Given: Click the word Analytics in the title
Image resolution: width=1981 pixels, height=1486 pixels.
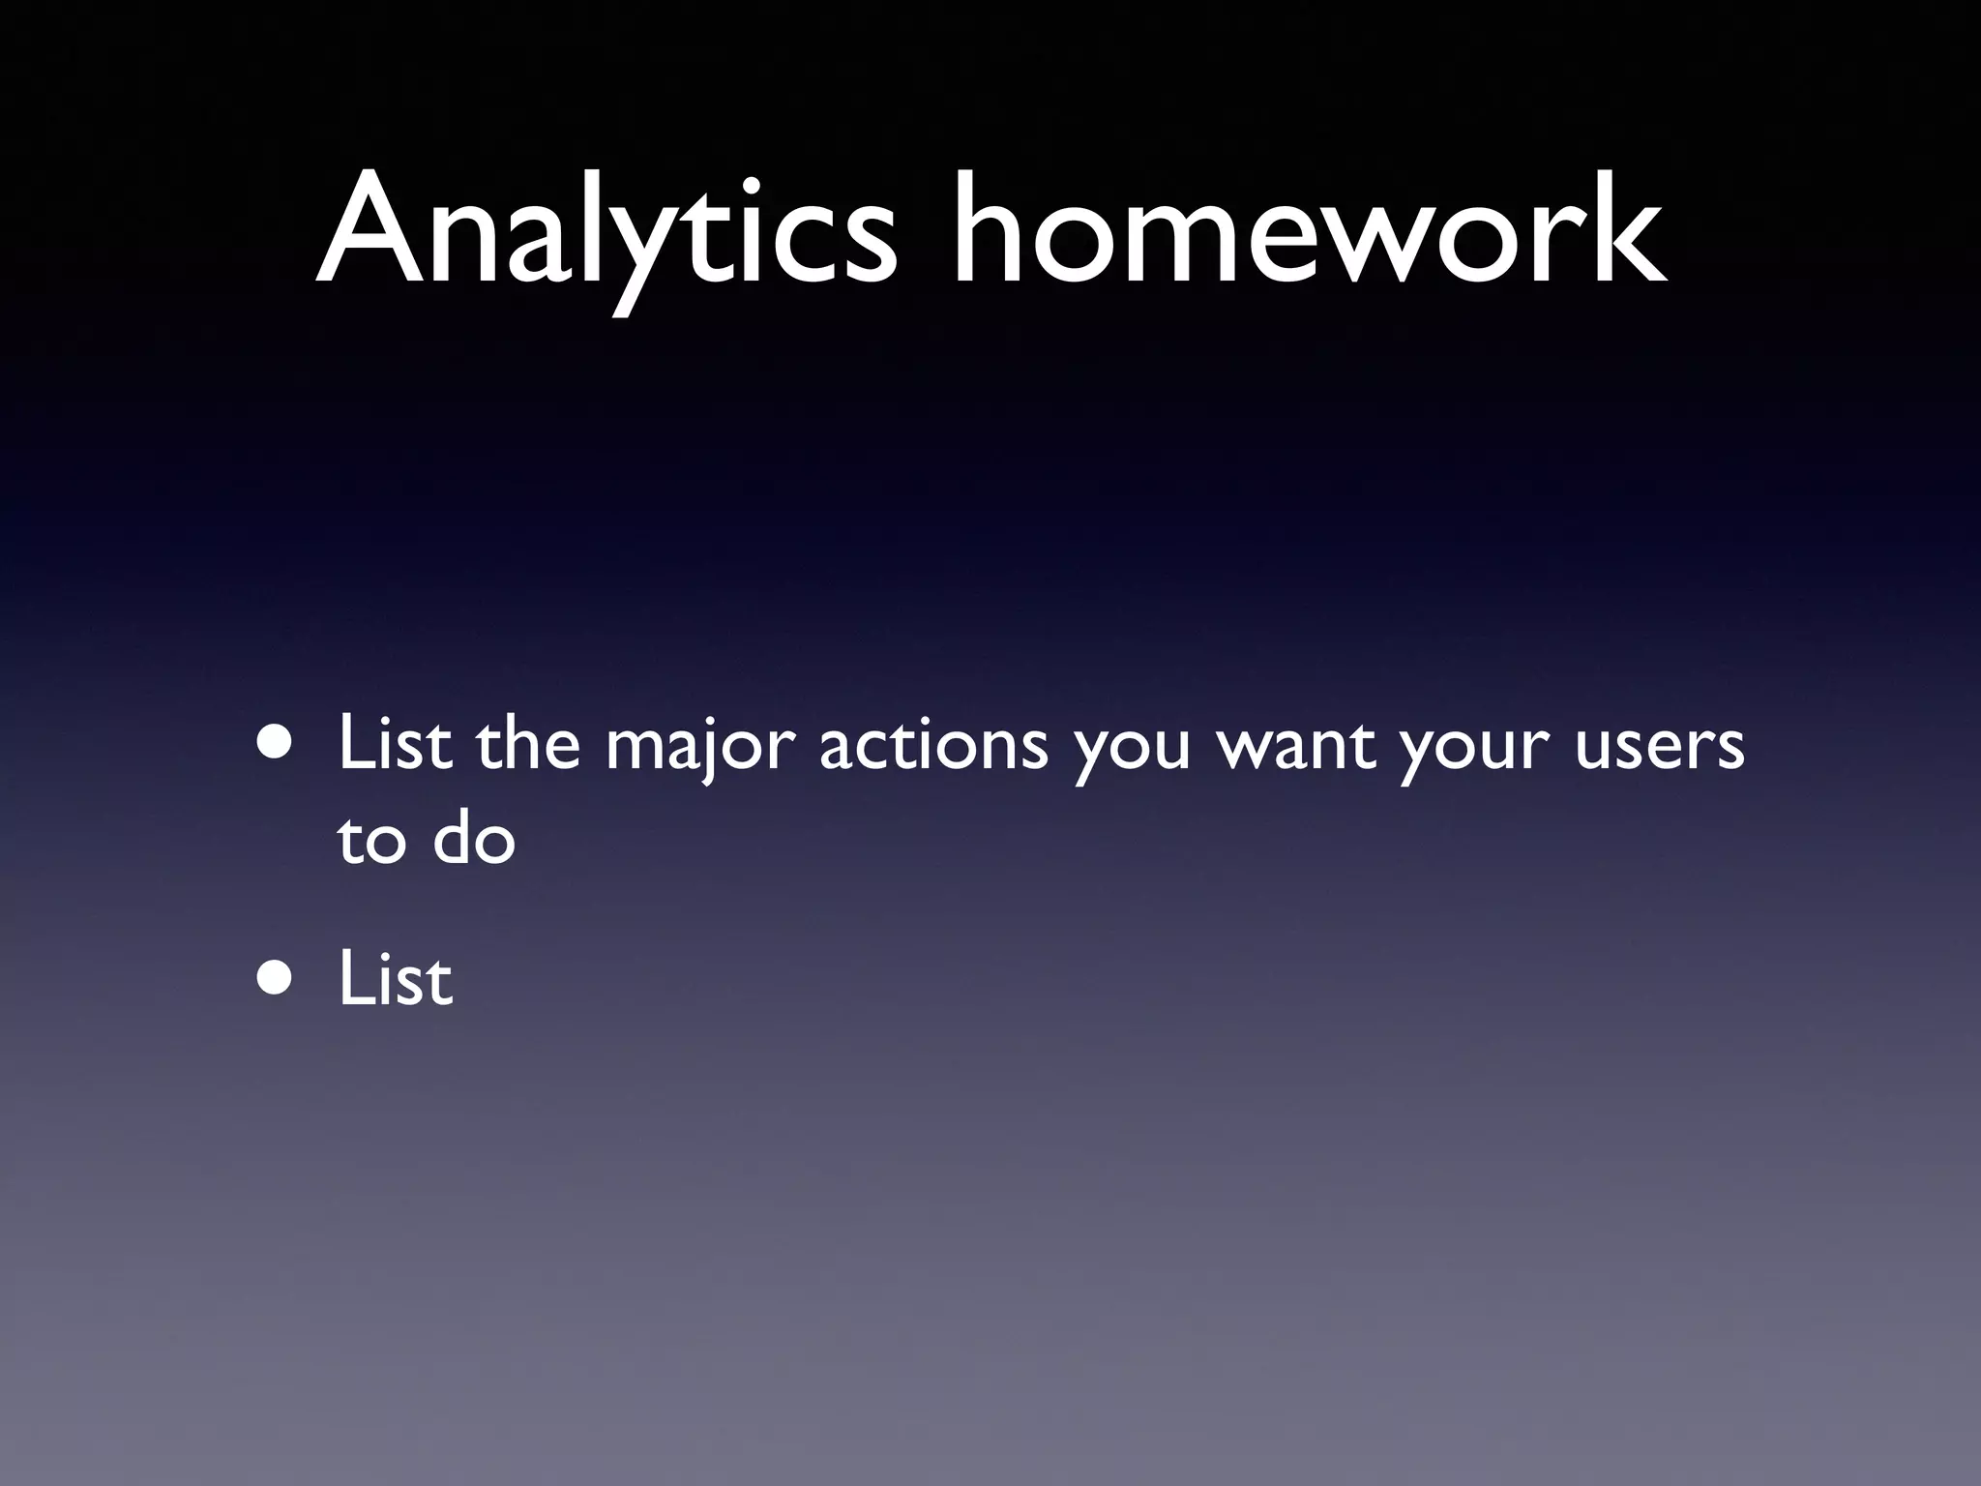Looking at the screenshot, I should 606,232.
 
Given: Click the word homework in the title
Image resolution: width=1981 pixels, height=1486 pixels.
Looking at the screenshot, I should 1309,232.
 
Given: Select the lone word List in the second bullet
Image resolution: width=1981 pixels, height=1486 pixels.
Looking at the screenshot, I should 395,978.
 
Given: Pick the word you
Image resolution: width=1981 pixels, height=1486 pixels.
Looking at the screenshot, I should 1133,755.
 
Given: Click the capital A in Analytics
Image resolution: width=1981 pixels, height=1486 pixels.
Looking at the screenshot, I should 372,232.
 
